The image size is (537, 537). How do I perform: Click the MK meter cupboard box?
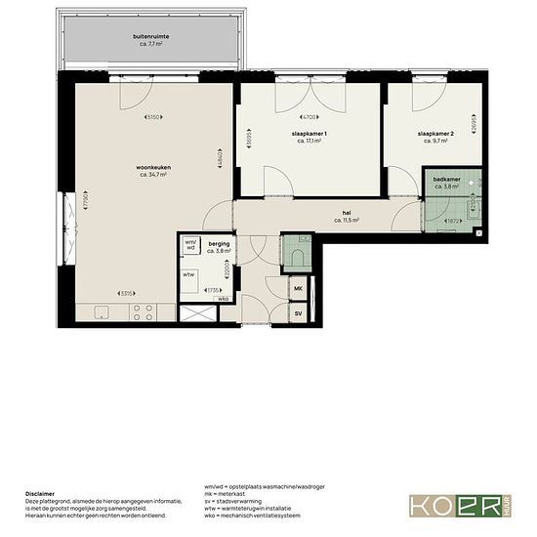tap(298, 290)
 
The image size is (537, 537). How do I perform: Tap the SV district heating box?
tap(298, 313)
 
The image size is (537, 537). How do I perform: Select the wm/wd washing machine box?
tap(189, 246)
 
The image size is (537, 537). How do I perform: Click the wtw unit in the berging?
tap(188, 274)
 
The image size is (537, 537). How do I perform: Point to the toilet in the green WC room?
tap(298, 256)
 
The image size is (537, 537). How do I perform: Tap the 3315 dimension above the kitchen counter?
tap(125, 292)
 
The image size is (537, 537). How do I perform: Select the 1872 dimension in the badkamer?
tap(452, 221)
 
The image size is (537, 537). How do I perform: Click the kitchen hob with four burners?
tap(142, 312)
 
